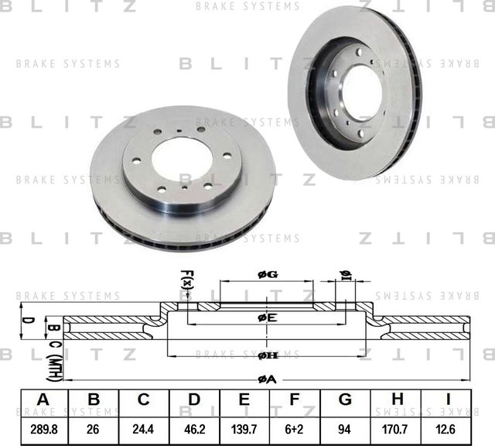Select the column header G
click(x=346, y=400)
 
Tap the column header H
click(x=397, y=400)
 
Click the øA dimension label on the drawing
click(x=267, y=379)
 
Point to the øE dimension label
click(x=267, y=317)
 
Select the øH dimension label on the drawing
click(x=267, y=355)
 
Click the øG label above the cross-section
click(x=267, y=275)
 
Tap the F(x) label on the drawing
click(x=186, y=279)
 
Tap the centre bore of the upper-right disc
click(x=361, y=92)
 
